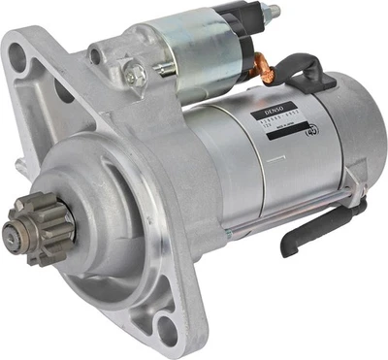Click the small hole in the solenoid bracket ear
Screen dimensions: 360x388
(x=99, y=54)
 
